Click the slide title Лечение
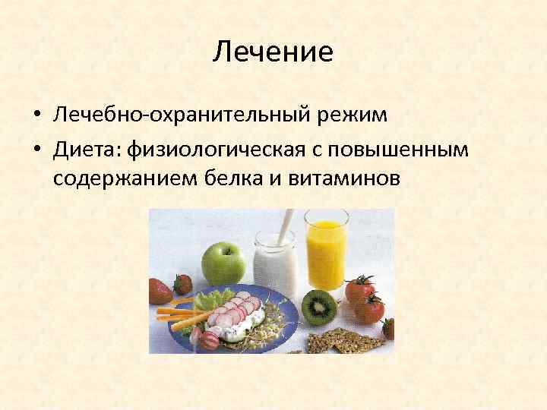click(x=273, y=52)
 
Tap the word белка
click(x=239, y=181)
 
